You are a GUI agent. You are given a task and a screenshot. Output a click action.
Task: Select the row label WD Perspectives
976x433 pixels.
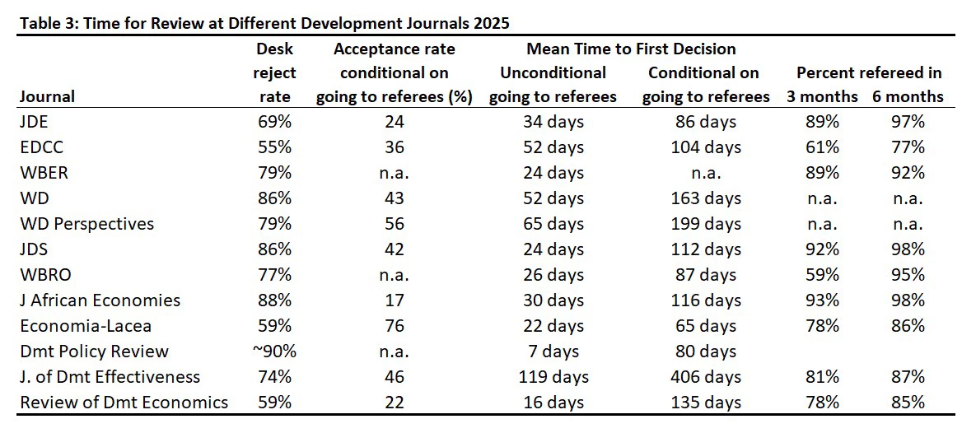click(87, 224)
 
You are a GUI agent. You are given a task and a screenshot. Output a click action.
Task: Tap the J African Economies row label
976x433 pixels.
click(100, 300)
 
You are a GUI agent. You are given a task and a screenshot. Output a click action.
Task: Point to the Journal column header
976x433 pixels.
click(47, 96)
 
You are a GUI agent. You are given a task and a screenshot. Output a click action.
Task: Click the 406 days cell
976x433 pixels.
click(706, 377)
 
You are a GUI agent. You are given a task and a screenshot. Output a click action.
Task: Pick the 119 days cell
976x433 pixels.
click(553, 377)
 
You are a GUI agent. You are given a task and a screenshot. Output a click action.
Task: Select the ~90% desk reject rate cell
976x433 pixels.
click(274, 352)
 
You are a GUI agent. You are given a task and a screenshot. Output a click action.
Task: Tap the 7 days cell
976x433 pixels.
click(553, 352)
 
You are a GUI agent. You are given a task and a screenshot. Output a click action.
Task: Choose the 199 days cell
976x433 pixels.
click(706, 224)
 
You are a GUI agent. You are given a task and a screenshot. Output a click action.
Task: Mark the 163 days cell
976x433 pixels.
click(706, 198)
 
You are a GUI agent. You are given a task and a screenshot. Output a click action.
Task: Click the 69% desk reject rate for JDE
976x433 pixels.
click(274, 122)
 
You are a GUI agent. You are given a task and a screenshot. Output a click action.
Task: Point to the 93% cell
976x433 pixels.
click(822, 300)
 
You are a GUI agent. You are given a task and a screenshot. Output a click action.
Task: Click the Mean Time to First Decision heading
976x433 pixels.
click(631, 49)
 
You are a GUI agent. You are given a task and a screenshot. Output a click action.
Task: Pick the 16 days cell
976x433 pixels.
click(553, 403)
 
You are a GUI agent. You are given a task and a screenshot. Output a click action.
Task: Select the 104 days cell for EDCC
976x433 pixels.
click(706, 147)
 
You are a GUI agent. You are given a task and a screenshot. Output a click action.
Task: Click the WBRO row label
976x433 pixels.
click(44, 275)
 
